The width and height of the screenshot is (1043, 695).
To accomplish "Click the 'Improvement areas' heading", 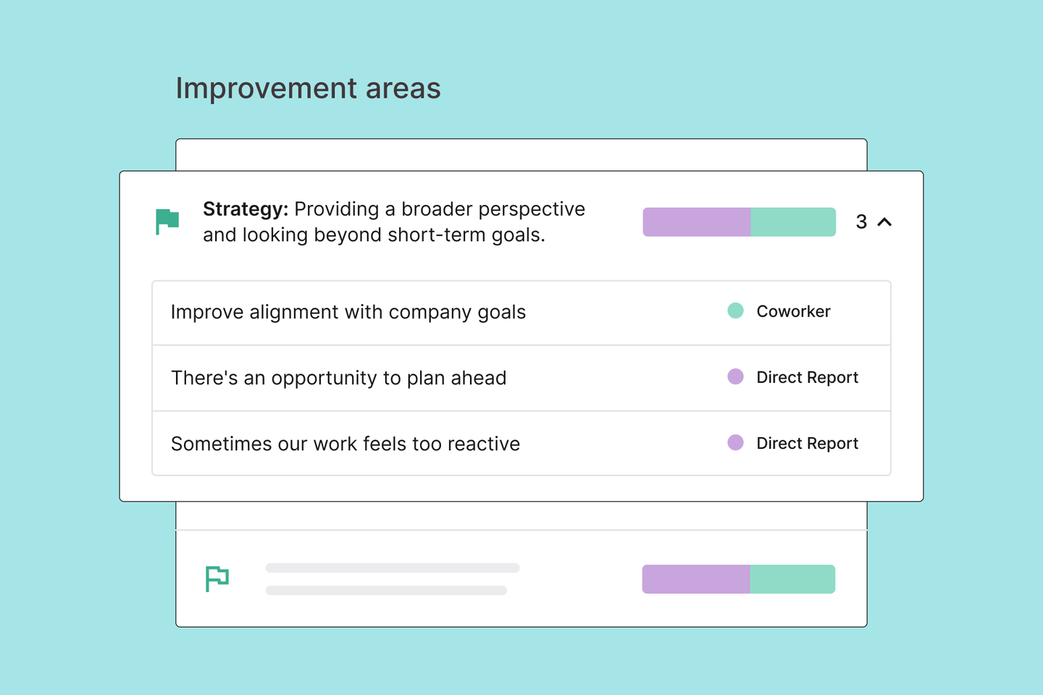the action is (x=308, y=88).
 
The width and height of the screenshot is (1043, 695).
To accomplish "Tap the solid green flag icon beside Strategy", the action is (x=167, y=222).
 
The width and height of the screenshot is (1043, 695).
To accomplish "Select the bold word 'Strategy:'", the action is (x=246, y=209).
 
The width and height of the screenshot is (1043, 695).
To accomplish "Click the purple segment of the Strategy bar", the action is (x=697, y=222).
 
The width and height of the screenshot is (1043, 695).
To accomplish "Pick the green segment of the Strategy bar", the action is (x=793, y=222).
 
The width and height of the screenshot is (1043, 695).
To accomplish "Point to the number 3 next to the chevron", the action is (x=861, y=222).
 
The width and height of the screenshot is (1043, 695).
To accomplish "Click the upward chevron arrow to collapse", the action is (x=884, y=222).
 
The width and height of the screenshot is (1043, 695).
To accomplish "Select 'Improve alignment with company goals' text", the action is (x=348, y=312).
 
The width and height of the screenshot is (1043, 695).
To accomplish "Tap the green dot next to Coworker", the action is (x=736, y=311).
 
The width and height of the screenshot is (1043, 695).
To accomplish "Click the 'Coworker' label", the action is (x=793, y=311).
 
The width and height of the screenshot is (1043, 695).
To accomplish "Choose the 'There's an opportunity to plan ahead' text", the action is (x=338, y=378).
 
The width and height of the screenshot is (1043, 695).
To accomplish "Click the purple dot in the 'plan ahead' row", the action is (x=736, y=376).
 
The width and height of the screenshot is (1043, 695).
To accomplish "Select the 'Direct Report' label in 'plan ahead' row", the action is (x=808, y=377).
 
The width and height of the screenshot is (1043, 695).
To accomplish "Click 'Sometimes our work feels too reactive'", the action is (x=345, y=444).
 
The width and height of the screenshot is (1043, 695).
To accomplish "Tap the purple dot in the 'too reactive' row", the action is (x=736, y=442).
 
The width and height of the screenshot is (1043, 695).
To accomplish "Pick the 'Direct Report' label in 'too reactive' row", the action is (x=808, y=443).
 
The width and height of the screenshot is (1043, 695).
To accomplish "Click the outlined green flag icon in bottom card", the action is (x=208, y=579).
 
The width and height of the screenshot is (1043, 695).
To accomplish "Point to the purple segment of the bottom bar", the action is (x=696, y=579).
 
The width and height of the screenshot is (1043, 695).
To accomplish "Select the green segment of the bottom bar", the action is (x=792, y=579).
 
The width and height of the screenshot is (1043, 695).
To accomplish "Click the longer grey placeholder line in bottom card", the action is (x=393, y=568).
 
